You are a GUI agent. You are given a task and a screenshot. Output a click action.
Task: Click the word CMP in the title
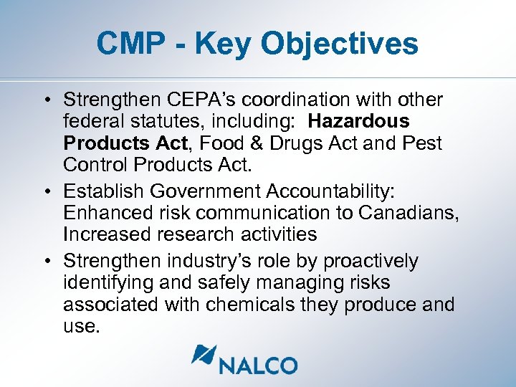[130, 44]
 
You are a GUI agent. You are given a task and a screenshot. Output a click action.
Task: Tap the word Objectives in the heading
[339, 44]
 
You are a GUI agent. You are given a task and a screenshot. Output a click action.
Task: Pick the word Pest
[423, 143]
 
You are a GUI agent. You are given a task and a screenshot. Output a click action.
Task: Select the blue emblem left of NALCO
[204, 357]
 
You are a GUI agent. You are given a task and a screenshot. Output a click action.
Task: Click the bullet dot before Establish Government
[46, 192]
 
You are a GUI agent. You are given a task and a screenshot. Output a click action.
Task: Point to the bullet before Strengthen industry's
[46, 261]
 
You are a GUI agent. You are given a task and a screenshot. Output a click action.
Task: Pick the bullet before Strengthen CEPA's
[46, 100]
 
